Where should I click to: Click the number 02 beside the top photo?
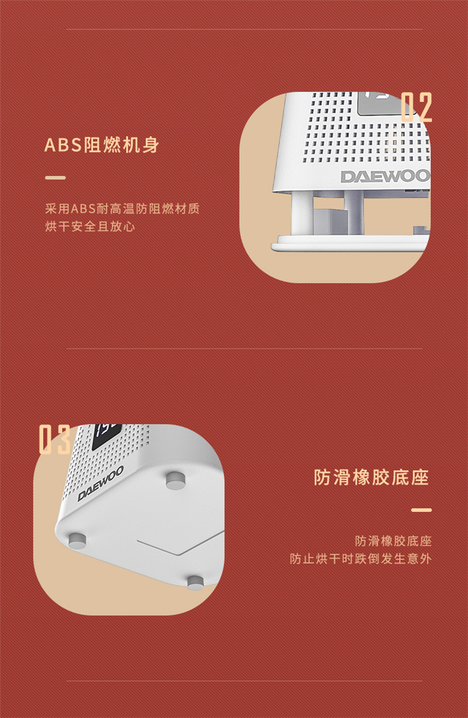[x=416, y=107]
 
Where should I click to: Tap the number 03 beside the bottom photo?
[x=54, y=440]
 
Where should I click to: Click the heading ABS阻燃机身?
[x=102, y=145]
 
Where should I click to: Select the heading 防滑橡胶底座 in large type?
[x=371, y=477]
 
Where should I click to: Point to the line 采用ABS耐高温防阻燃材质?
[x=122, y=209]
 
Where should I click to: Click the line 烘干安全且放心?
[x=90, y=226]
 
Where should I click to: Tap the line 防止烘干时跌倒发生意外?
[x=361, y=559]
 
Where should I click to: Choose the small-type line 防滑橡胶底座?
[x=393, y=541]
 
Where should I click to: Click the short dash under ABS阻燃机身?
[x=56, y=178]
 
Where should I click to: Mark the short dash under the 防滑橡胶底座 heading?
[x=421, y=509]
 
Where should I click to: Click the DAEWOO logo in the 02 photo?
[x=385, y=176]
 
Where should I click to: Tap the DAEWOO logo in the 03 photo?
[x=100, y=483]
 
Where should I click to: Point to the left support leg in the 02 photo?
[x=302, y=213]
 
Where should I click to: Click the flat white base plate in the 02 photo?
[x=351, y=243]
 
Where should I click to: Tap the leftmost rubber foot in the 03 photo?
[x=77, y=540]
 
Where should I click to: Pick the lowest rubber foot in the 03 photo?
[x=195, y=583]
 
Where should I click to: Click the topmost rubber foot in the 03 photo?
[x=176, y=480]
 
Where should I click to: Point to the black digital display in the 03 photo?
[x=107, y=436]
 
